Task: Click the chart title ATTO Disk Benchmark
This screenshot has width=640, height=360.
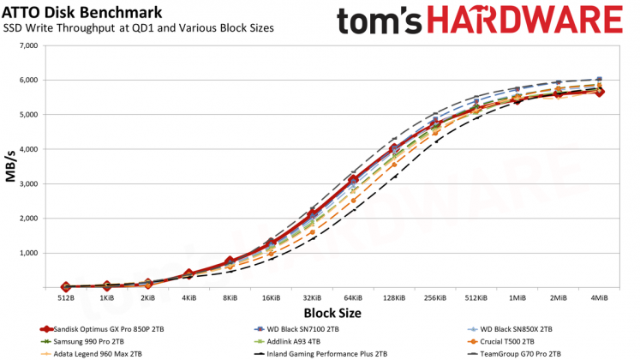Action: (x=82, y=12)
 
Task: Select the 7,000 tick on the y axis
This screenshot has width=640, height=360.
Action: (x=28, y=45)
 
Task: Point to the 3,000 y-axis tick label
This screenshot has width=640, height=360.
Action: (x=28, y=184)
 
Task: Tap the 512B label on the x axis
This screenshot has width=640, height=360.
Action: (x=66, y=298)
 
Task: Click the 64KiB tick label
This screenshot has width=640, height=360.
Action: (x=353, y=298)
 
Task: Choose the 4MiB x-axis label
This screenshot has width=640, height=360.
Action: (x=599, y=298)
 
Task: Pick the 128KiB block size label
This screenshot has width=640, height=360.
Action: (x=394, y=298)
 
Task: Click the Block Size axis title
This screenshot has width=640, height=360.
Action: (x=332, y=313)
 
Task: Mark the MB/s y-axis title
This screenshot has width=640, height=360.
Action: (x=10, y=166)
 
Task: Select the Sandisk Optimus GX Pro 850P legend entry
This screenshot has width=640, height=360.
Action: (x=102, y=329)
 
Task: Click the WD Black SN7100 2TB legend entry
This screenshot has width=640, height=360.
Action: (x=296, y=329)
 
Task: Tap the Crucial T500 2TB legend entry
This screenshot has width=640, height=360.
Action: (x=500, y=342)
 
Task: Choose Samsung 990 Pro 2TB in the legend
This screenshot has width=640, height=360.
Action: (x=82, y=342)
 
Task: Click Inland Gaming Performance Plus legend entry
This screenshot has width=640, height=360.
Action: (x=320, y=354)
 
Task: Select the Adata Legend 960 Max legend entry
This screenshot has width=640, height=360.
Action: (x=91, y=354)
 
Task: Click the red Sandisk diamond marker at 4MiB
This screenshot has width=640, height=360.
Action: (x=599, y=92)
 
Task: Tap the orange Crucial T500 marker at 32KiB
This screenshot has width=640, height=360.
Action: (x=312, y=232)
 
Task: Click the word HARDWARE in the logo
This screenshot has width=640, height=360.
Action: (x=526, y=21)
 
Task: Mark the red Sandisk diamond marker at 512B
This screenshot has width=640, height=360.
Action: (x=66, y=287)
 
